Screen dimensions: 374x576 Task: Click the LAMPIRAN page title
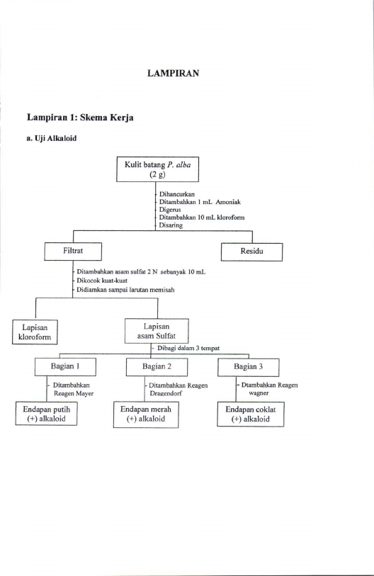(x=173, y=73)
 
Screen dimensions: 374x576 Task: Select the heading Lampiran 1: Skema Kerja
(x=80, y=118)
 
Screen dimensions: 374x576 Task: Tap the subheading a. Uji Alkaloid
(x=52, y=138)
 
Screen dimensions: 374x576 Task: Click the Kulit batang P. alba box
(x=158, y=169)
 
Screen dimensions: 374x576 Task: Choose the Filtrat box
(x=73, y=252)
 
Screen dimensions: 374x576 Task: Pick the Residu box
(x=251, y=252)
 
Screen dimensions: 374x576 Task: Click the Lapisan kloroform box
(x=35, y=332)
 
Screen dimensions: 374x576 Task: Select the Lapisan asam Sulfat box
(x=157, y=331)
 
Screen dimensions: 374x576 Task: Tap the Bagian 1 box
(x=65, y=366)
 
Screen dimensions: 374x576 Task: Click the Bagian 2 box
(x=157, y=366)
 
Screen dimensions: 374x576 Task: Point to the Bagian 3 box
(x=249, y=366)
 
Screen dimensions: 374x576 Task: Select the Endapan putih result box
(x=46, y=414)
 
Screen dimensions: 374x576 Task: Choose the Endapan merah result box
(x=146, y=414)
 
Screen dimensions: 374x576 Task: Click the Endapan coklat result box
(x=251, y=414)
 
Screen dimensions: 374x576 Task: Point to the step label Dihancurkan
(x=176, y=194)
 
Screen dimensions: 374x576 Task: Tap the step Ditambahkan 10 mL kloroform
(x=202, y=217)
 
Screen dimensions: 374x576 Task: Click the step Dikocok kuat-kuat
(x=102, y=281)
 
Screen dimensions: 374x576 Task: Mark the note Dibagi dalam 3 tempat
(x=188, y=348)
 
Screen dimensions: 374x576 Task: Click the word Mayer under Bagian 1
(x=85, y=393)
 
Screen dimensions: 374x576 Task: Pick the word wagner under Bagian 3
(x=259, y=393)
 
